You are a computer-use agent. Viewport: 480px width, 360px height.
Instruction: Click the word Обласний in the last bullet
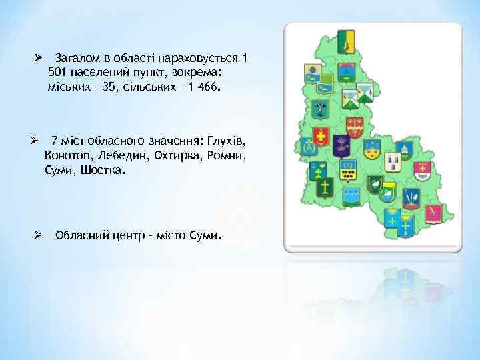[x=81, y=235]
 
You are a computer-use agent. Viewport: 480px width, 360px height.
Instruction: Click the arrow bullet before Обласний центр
[x=39, y=235]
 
